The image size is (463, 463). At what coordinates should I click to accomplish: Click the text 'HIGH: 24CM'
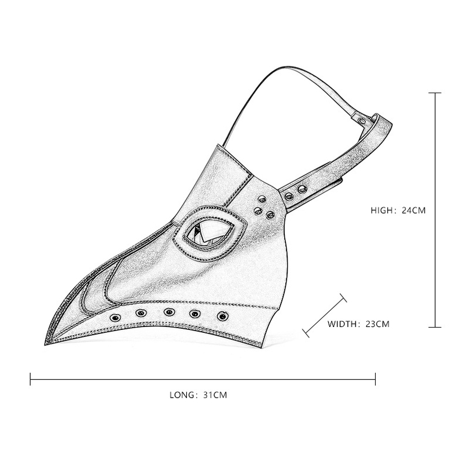(x=398, y=211)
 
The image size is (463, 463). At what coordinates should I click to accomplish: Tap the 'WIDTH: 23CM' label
(x=358, y=324)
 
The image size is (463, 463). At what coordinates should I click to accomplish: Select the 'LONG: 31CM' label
(x=198, y=395)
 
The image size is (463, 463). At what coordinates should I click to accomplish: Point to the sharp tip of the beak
(x=45, y=344)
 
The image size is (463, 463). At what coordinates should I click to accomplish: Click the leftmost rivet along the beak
(x=115, y=318)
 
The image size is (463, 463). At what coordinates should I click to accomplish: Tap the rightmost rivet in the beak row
(x=222, y=316)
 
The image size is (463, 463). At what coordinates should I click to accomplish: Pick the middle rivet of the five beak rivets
(x=169, y=312)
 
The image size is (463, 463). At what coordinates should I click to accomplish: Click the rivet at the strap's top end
(x=361, y=120)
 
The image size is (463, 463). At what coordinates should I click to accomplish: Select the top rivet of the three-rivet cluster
(x=262, y=199)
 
